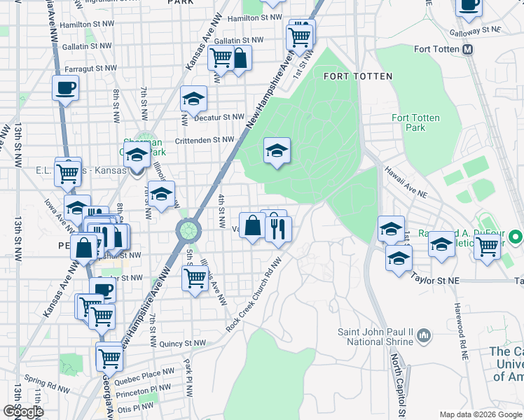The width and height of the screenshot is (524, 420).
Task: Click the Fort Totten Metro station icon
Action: point(468,50)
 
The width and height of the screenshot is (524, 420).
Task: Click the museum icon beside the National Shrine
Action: point(423,337)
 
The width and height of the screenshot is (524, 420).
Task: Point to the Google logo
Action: point(23,412)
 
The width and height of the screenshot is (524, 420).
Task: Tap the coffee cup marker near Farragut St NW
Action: point(65,89)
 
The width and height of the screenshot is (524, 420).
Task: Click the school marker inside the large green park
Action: point(277,150)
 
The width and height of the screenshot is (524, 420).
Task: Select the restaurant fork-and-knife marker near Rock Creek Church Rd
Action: point(279,228)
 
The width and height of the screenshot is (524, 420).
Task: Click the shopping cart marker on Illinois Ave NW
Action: point(195,278)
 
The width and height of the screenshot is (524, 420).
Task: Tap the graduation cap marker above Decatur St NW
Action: point(193,99)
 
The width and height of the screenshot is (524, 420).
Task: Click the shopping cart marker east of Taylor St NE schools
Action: point(486,246)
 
